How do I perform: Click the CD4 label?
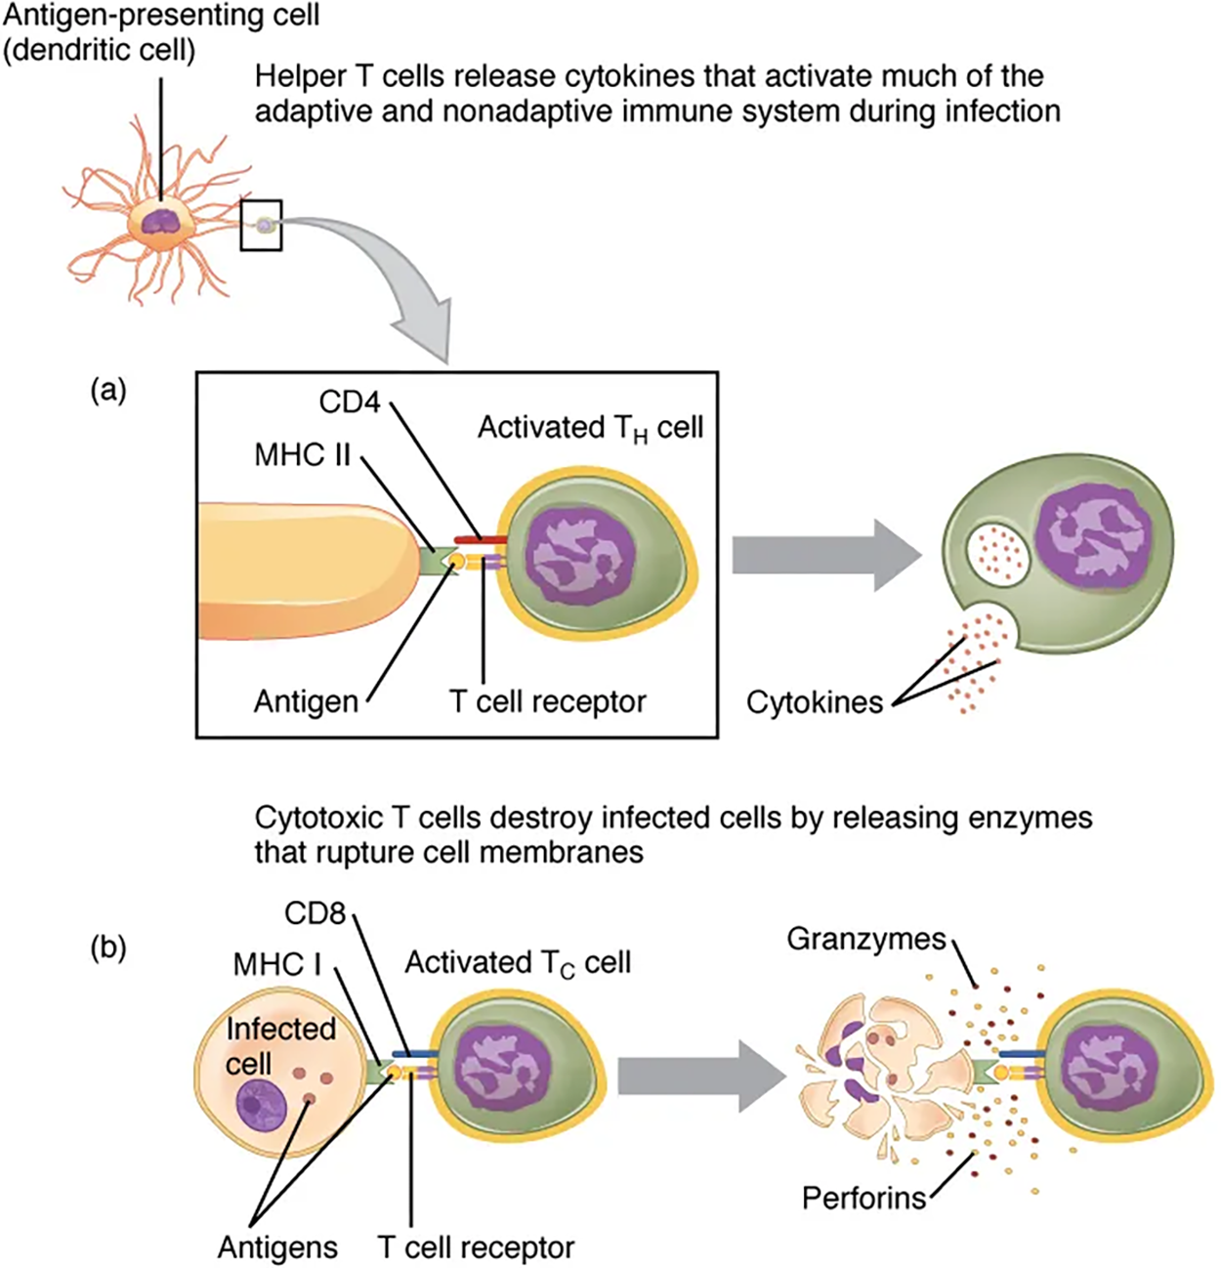click(349, 402)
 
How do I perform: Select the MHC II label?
click(302, 455)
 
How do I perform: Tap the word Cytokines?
click(814, 701)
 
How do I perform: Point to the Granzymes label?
click(866, 940)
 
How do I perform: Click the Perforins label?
click(863, 1197)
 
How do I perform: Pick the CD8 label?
click(316, 913)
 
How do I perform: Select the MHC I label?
click(277, 965)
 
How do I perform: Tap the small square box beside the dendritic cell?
click(262, 225)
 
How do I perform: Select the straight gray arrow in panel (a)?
click(826, 555)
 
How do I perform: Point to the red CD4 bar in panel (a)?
click(479, 539)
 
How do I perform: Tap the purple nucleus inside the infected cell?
click(257, 1106)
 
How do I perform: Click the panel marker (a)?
click(107, 391)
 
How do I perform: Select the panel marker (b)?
click(107, 948)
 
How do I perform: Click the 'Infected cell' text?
click(279, 1045)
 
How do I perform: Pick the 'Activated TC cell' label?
click(518, 963)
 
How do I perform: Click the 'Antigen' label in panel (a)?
click(306, 701)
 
